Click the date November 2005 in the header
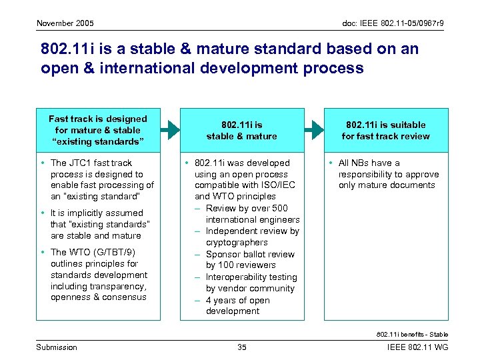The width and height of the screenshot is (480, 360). [65, 23]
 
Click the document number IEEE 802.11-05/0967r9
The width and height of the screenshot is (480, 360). [393, 23]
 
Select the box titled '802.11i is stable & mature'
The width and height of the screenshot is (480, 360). [242, 130]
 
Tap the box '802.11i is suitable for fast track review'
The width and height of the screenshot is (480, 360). [386, 130]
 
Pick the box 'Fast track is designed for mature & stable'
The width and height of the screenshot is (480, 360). [98, 130]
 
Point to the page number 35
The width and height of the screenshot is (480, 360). [242, 347]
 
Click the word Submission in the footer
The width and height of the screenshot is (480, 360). [57, 347]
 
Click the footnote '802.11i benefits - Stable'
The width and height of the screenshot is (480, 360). [412, 334]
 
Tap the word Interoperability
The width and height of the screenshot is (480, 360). [241, 277]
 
